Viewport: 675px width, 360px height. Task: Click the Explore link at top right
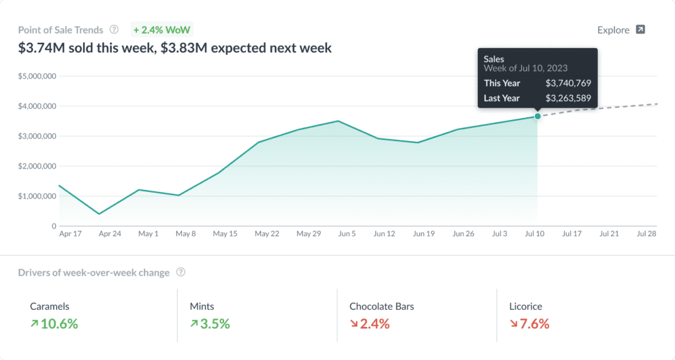click(x=620, y=30)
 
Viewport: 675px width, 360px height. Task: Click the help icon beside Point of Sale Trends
click(x=114, y=30)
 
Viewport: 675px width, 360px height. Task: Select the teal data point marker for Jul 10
click(x=537, y=116)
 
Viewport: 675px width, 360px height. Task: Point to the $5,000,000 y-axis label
click(x=37, y=76)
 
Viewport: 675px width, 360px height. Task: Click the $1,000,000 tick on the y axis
click(x=37, y=196)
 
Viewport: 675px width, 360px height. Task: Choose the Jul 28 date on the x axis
click(x=646, y=233)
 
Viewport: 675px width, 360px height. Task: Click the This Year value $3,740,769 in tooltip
click(x=568, y=83)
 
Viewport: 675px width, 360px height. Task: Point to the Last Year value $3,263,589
click(x=568, y=98)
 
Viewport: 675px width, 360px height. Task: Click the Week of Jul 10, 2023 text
click(x=525, y=68)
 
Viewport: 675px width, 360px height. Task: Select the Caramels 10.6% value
click(x=59, y=324)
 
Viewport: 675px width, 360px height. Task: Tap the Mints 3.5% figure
click(x=214, y=324)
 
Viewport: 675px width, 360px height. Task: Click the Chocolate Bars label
click(x=382, y=307)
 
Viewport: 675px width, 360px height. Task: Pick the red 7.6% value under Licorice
click(x=535, y=324)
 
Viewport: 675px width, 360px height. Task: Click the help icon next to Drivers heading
click(x=181, y=272)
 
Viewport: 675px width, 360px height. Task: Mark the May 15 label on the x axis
click(x=225, y=233)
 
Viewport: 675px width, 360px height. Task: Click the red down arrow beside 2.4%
click(x=353, y=324)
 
